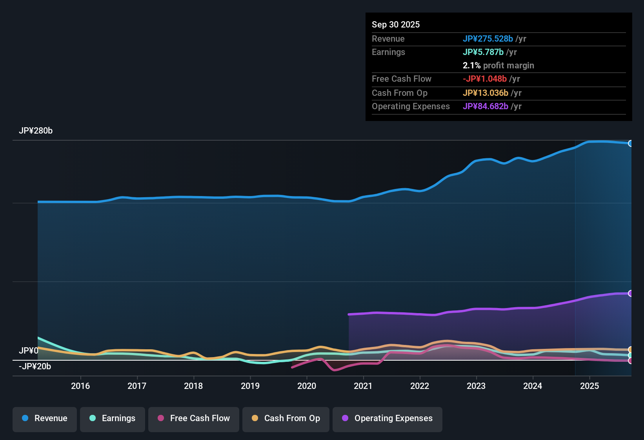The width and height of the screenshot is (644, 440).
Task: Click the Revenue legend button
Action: pyautogui.click(x=45, y=418)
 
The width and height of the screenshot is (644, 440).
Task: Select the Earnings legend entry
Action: pyautogui.click(x=113, y=418)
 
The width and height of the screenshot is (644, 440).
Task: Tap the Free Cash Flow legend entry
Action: pyautogui.click(x=194, y=418)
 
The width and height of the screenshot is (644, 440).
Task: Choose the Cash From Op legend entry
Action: pyautogui.click(x=286, y=418)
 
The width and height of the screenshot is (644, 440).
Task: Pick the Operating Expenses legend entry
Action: pyautogui.click(x=387, y=418)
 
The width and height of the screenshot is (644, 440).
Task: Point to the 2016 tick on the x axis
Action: pyautogui.click(x=80, y=386)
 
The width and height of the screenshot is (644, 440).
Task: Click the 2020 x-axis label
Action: pyautogui.click(x=307, y=386)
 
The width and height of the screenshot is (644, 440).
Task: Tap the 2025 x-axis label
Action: pyautogui.click(x=589, y=386)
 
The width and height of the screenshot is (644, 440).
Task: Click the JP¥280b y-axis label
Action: pyautogui.click(x=36, y=131)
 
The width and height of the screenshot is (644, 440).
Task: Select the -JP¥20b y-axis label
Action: pyautogui.click(x=35, y=367)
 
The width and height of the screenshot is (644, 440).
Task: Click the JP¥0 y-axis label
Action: pyautogui.click(x=29, y=350)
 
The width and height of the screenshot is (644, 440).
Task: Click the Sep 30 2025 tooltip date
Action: pyautogui.click(x=396, y=24)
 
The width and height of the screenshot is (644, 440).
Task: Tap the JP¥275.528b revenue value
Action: pyautogui.click(x=488, y=38)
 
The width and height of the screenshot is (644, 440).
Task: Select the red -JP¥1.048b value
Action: pyautogui.click(x=484, y=79)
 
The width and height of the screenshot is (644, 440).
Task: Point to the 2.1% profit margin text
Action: pyautogui.click(x=498, y=65)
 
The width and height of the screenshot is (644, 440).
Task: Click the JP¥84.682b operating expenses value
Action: pyautogui.click(x=485, y=106)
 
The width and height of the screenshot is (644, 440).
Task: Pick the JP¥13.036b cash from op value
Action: pyautogui.click(x=485, y=93)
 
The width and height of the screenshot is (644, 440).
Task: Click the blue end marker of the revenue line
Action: pyautogui.click(x=630, y=143)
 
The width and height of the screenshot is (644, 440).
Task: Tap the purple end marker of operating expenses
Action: pyautogui.click(x=630, y=293)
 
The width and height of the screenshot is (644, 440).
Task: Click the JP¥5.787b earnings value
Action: pyautogui.click(x=483, y=52)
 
